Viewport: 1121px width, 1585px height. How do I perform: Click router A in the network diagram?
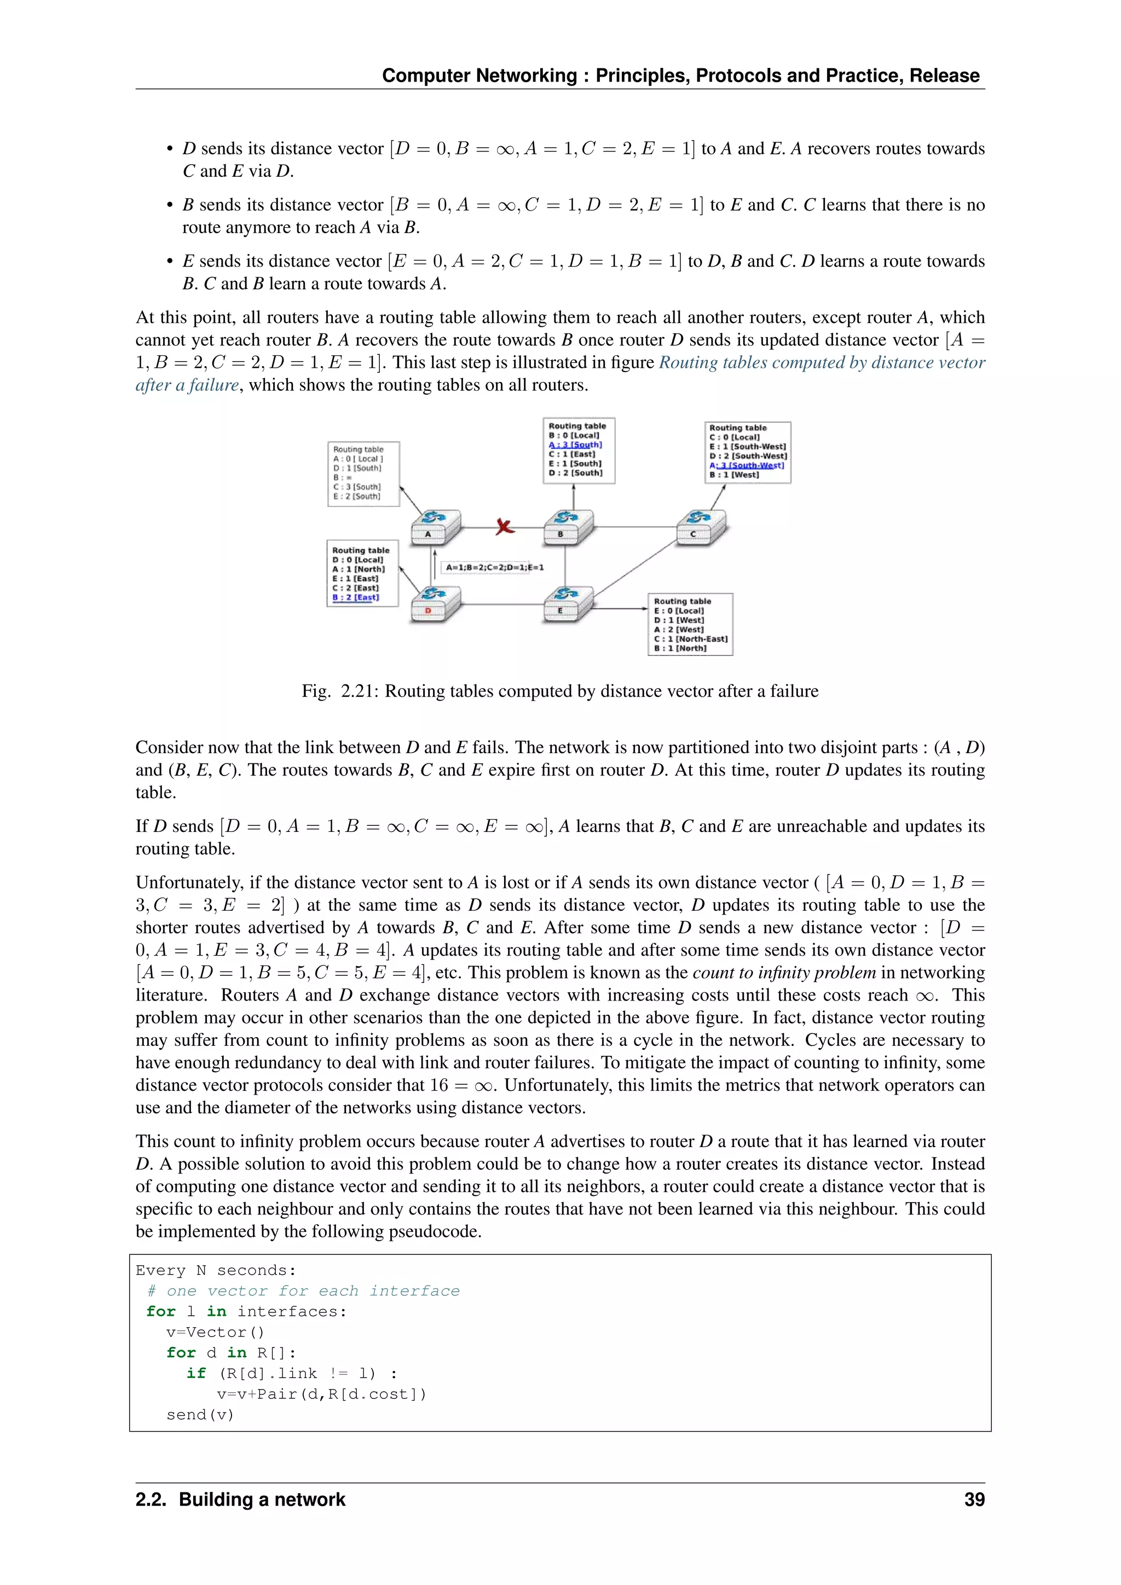(434, 528)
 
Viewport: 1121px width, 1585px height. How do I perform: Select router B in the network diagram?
(568, 528)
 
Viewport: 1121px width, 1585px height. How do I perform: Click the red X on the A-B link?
(505, 527)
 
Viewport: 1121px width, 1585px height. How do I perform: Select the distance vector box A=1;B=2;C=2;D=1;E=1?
(494, 568)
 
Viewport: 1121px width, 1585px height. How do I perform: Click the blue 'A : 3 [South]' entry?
(575, 444)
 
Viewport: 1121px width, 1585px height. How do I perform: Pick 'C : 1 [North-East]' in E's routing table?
(690, 639)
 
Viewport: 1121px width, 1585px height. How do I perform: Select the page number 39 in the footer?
(974, 1500)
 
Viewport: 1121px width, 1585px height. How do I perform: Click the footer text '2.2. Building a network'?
(240, 1500)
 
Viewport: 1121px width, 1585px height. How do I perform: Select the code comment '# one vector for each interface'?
(303, 1291)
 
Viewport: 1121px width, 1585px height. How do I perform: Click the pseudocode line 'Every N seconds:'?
(215, 1270)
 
